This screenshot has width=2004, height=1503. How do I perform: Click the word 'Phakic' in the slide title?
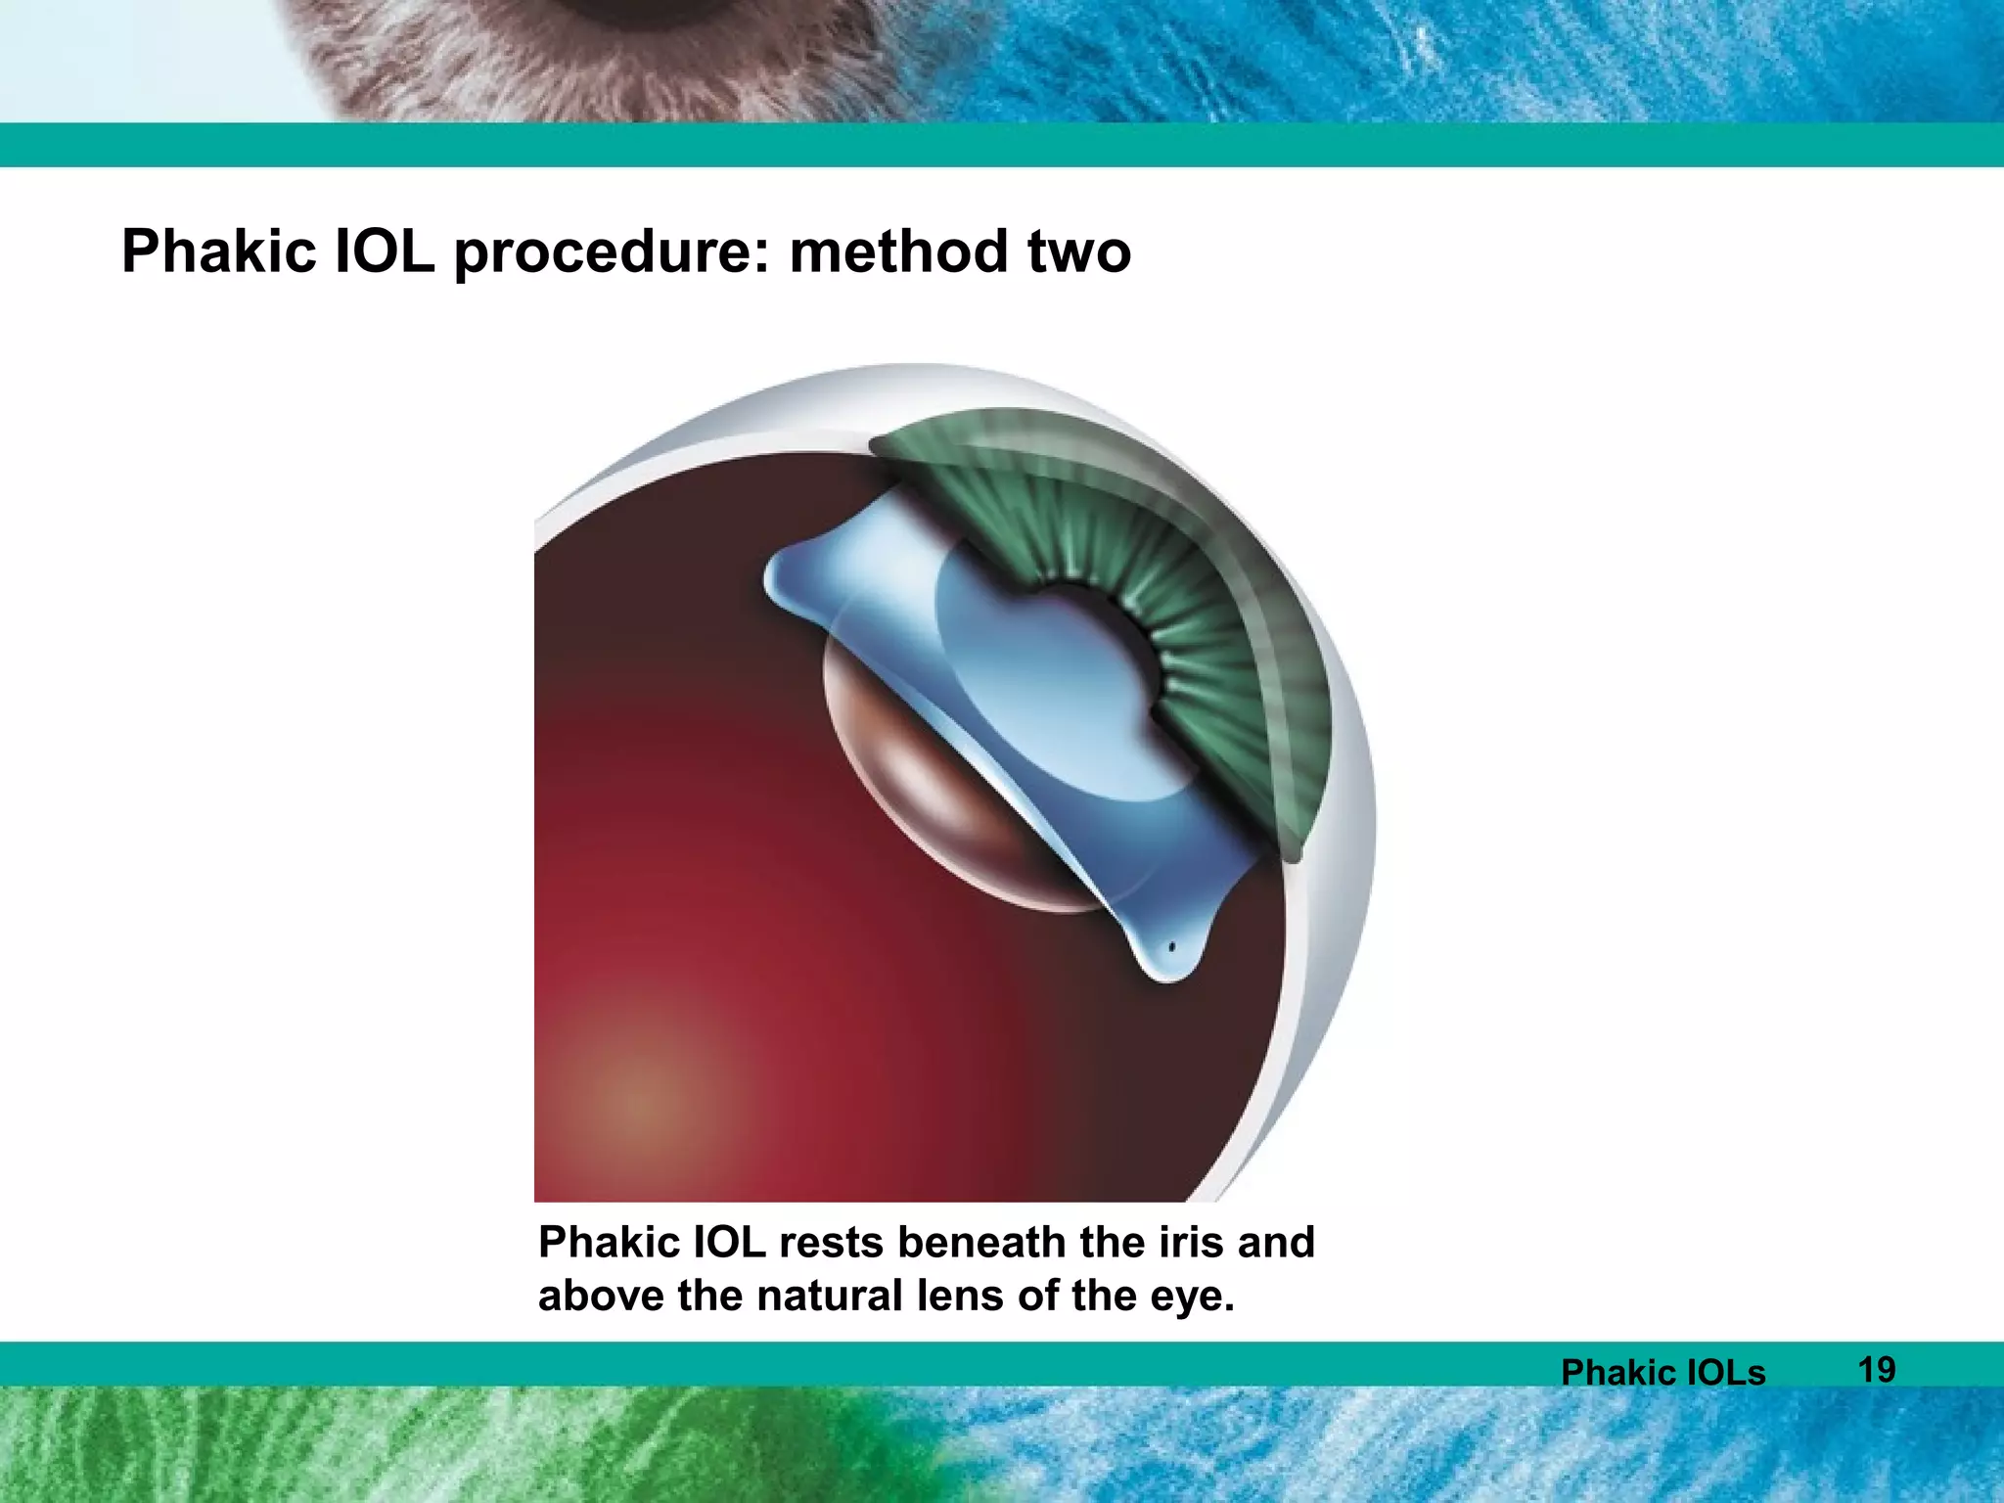click(218, 251)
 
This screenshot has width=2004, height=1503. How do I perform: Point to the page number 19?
click(1876, 1369)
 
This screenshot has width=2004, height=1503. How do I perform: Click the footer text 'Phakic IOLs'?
click(1662, 1372)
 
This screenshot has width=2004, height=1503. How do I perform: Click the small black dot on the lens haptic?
click(1171, 947)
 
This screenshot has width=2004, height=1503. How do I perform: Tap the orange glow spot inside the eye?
click(641, 1096)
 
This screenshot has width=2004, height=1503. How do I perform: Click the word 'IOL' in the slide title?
click(385, 251)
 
